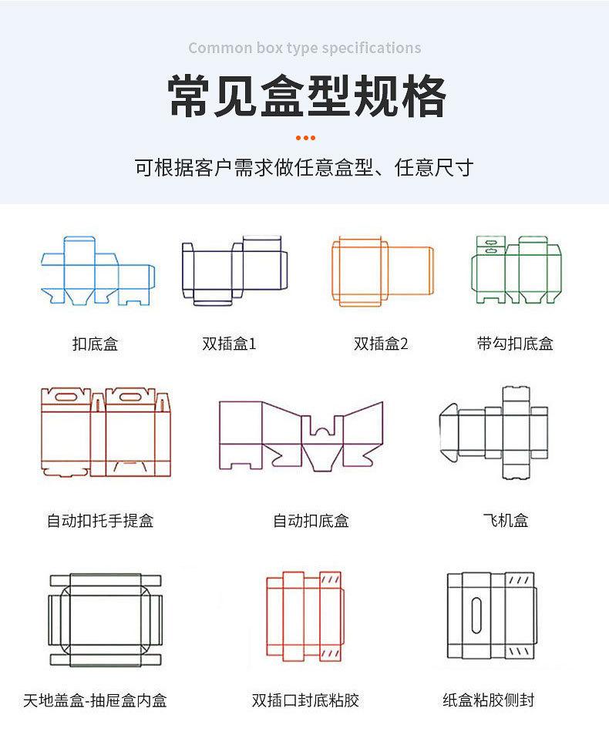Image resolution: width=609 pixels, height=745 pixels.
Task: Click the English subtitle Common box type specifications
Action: click(x=304, y=49)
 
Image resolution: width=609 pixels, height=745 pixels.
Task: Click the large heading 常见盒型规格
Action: click(x=306, y=96)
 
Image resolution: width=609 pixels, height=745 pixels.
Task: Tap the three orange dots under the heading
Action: click(x=305, y=139)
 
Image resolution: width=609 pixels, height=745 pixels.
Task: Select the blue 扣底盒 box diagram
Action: click(x=97, y=270)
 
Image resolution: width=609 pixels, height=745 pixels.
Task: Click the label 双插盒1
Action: click(x=229, y=344)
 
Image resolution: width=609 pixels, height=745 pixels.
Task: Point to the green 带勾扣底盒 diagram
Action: click(x=516, y=270)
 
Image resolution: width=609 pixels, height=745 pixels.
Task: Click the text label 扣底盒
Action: click(x=95, y=344)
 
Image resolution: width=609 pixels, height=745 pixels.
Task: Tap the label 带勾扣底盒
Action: click(x=515, y=344)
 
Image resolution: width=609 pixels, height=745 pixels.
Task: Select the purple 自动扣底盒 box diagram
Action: click(x=301, y=435)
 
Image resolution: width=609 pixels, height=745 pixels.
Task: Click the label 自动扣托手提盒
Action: click(x=100, y=521)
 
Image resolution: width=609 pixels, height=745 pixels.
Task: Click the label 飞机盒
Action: click(x=506, y=521)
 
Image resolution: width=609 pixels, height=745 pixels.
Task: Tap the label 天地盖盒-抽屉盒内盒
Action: click(x=95, y=700)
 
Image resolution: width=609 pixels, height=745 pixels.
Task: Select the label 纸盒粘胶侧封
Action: click(x=489, y=700)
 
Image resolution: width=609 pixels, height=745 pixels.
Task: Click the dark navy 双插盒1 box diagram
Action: click(x=233, y=270)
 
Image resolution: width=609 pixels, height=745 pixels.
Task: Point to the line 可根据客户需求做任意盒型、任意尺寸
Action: click(x=304, y=167)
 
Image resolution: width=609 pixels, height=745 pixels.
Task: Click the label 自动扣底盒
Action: click(x=311, y=521)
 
